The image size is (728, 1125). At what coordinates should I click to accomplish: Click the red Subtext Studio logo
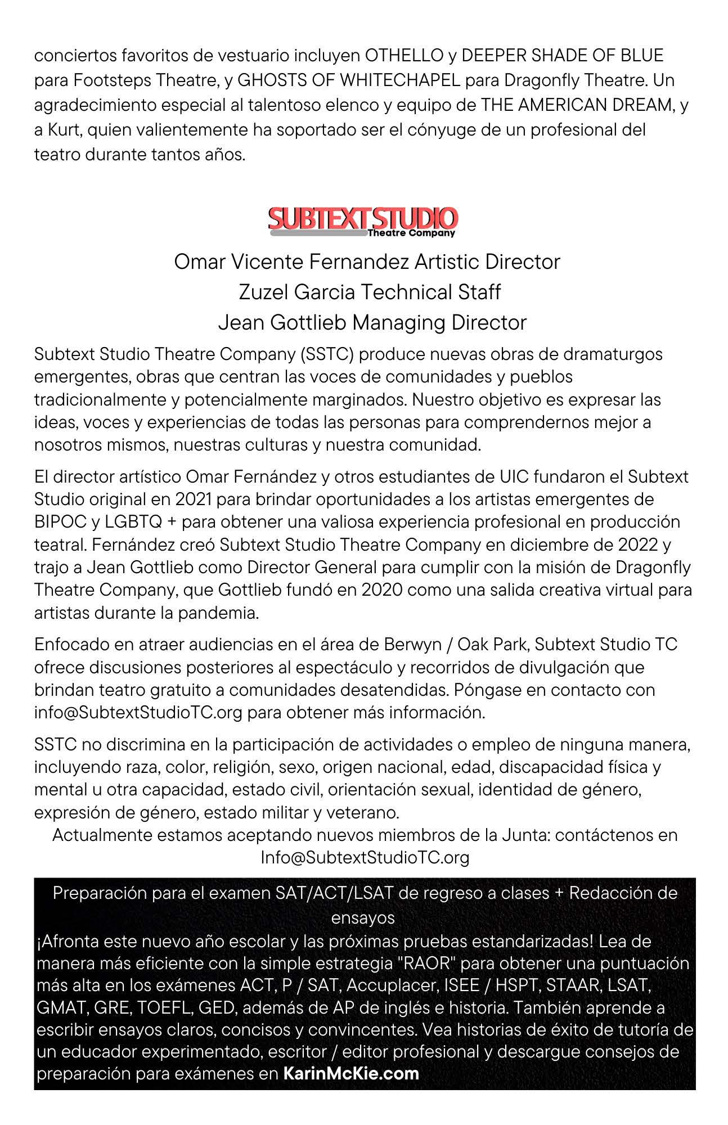click(x=363, y=221)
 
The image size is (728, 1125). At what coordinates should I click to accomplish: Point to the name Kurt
click(x=62, y=130)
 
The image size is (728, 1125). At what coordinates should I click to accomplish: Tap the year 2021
click(x=194, y=499)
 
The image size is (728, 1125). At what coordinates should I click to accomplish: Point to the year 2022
click(x=643, y=544)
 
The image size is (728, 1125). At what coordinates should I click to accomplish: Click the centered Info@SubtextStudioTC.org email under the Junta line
click(x=365, y=857)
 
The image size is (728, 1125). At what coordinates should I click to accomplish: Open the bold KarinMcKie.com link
click(x=351, y=1073)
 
